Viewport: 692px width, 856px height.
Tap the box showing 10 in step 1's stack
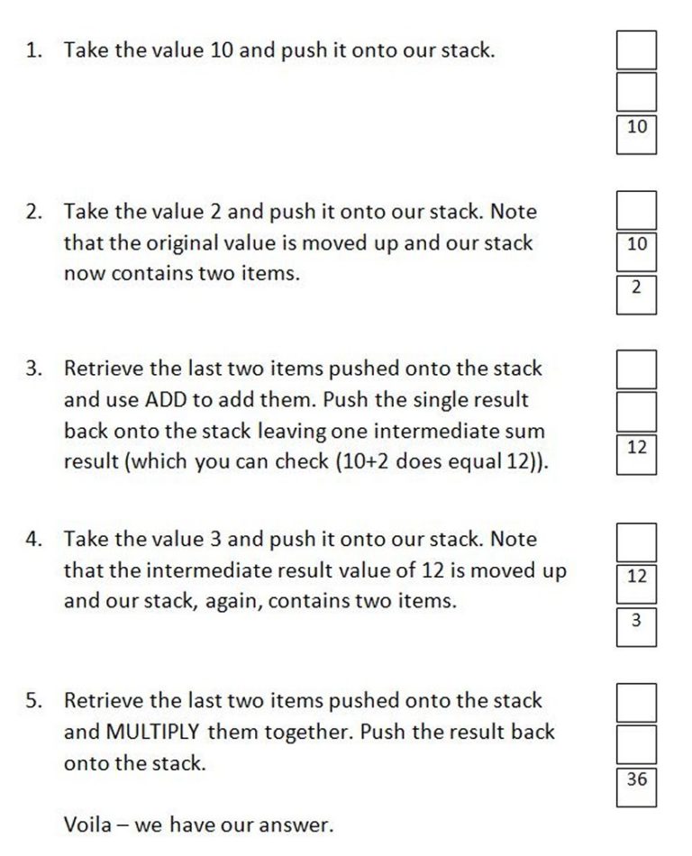pos(636,133)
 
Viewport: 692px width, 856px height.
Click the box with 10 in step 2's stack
pos(636,250)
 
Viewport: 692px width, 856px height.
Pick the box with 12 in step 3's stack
pos(636,453)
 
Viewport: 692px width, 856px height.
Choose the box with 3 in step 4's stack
pos(636,625)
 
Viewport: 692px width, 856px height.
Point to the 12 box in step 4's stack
pos(636,581)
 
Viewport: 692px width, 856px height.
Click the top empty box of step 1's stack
pos(636,50)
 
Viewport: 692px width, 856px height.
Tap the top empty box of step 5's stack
pos(636,702)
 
